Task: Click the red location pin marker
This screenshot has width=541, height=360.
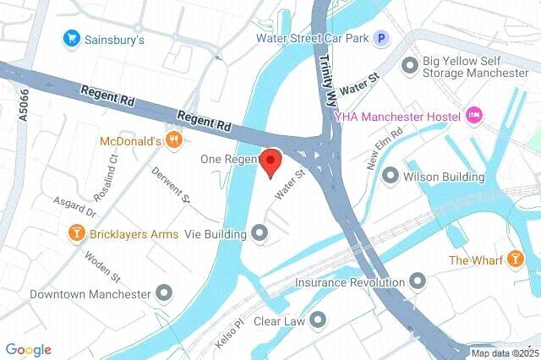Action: point(270,161)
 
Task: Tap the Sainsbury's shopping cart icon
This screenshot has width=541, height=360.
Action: point(72,39)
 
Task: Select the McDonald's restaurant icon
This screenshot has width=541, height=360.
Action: point(174,140)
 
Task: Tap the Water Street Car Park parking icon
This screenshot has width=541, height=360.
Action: point(382,38)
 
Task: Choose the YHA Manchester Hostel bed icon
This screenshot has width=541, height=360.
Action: point(474,115)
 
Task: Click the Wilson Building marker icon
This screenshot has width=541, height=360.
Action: point(391,176)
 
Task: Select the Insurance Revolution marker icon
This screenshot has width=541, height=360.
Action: point(418,281)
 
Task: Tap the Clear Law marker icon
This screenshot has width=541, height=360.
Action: point(318,319)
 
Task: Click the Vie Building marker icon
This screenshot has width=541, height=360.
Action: point(260,232)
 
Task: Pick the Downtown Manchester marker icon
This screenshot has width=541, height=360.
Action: point(165,294)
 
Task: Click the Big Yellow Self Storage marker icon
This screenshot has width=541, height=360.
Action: point(410,64)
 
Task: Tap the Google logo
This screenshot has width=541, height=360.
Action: point(28,350)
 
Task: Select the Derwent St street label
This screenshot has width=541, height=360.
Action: point(173,185)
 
